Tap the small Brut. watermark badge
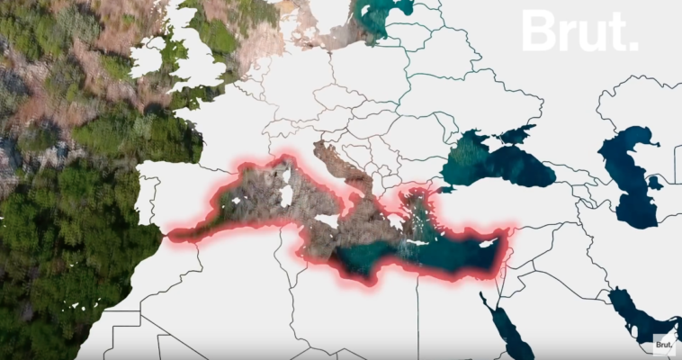click(x=663, y=343)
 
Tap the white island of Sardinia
click(x=287, y=195)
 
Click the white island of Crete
click(x=418, y=242)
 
